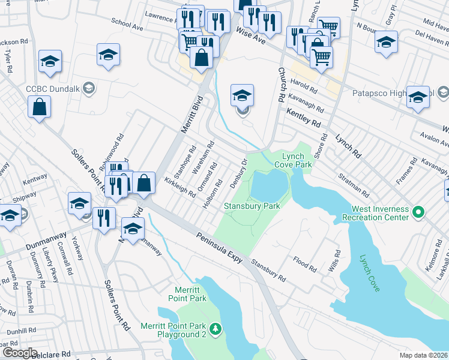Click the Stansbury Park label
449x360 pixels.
[252, 206]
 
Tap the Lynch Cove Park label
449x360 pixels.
[294, 160]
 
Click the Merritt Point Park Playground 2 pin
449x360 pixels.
[216, 328]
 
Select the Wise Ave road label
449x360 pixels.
[250, 37]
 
